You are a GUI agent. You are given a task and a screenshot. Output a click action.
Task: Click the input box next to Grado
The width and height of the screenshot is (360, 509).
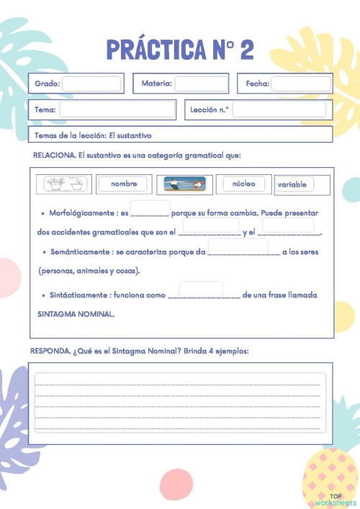point(91,84)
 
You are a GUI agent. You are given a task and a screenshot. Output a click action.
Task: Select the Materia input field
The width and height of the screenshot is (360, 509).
point(202,84)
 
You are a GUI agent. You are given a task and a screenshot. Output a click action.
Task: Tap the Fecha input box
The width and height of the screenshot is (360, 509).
point(301,84)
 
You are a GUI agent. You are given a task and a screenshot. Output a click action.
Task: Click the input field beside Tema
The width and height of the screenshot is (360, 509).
point(117,109)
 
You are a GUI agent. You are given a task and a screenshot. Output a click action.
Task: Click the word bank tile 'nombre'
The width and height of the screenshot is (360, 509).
point(124,184)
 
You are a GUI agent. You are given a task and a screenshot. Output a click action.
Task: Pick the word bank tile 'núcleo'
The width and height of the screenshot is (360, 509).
point(244,184)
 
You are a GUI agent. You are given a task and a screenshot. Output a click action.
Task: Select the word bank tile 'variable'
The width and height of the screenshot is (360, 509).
point(292,185)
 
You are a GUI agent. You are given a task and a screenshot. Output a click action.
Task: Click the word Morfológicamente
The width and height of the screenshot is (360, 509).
point(79,214)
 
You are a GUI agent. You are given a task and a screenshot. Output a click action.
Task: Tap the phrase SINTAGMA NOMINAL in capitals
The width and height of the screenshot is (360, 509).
point(76,314)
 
